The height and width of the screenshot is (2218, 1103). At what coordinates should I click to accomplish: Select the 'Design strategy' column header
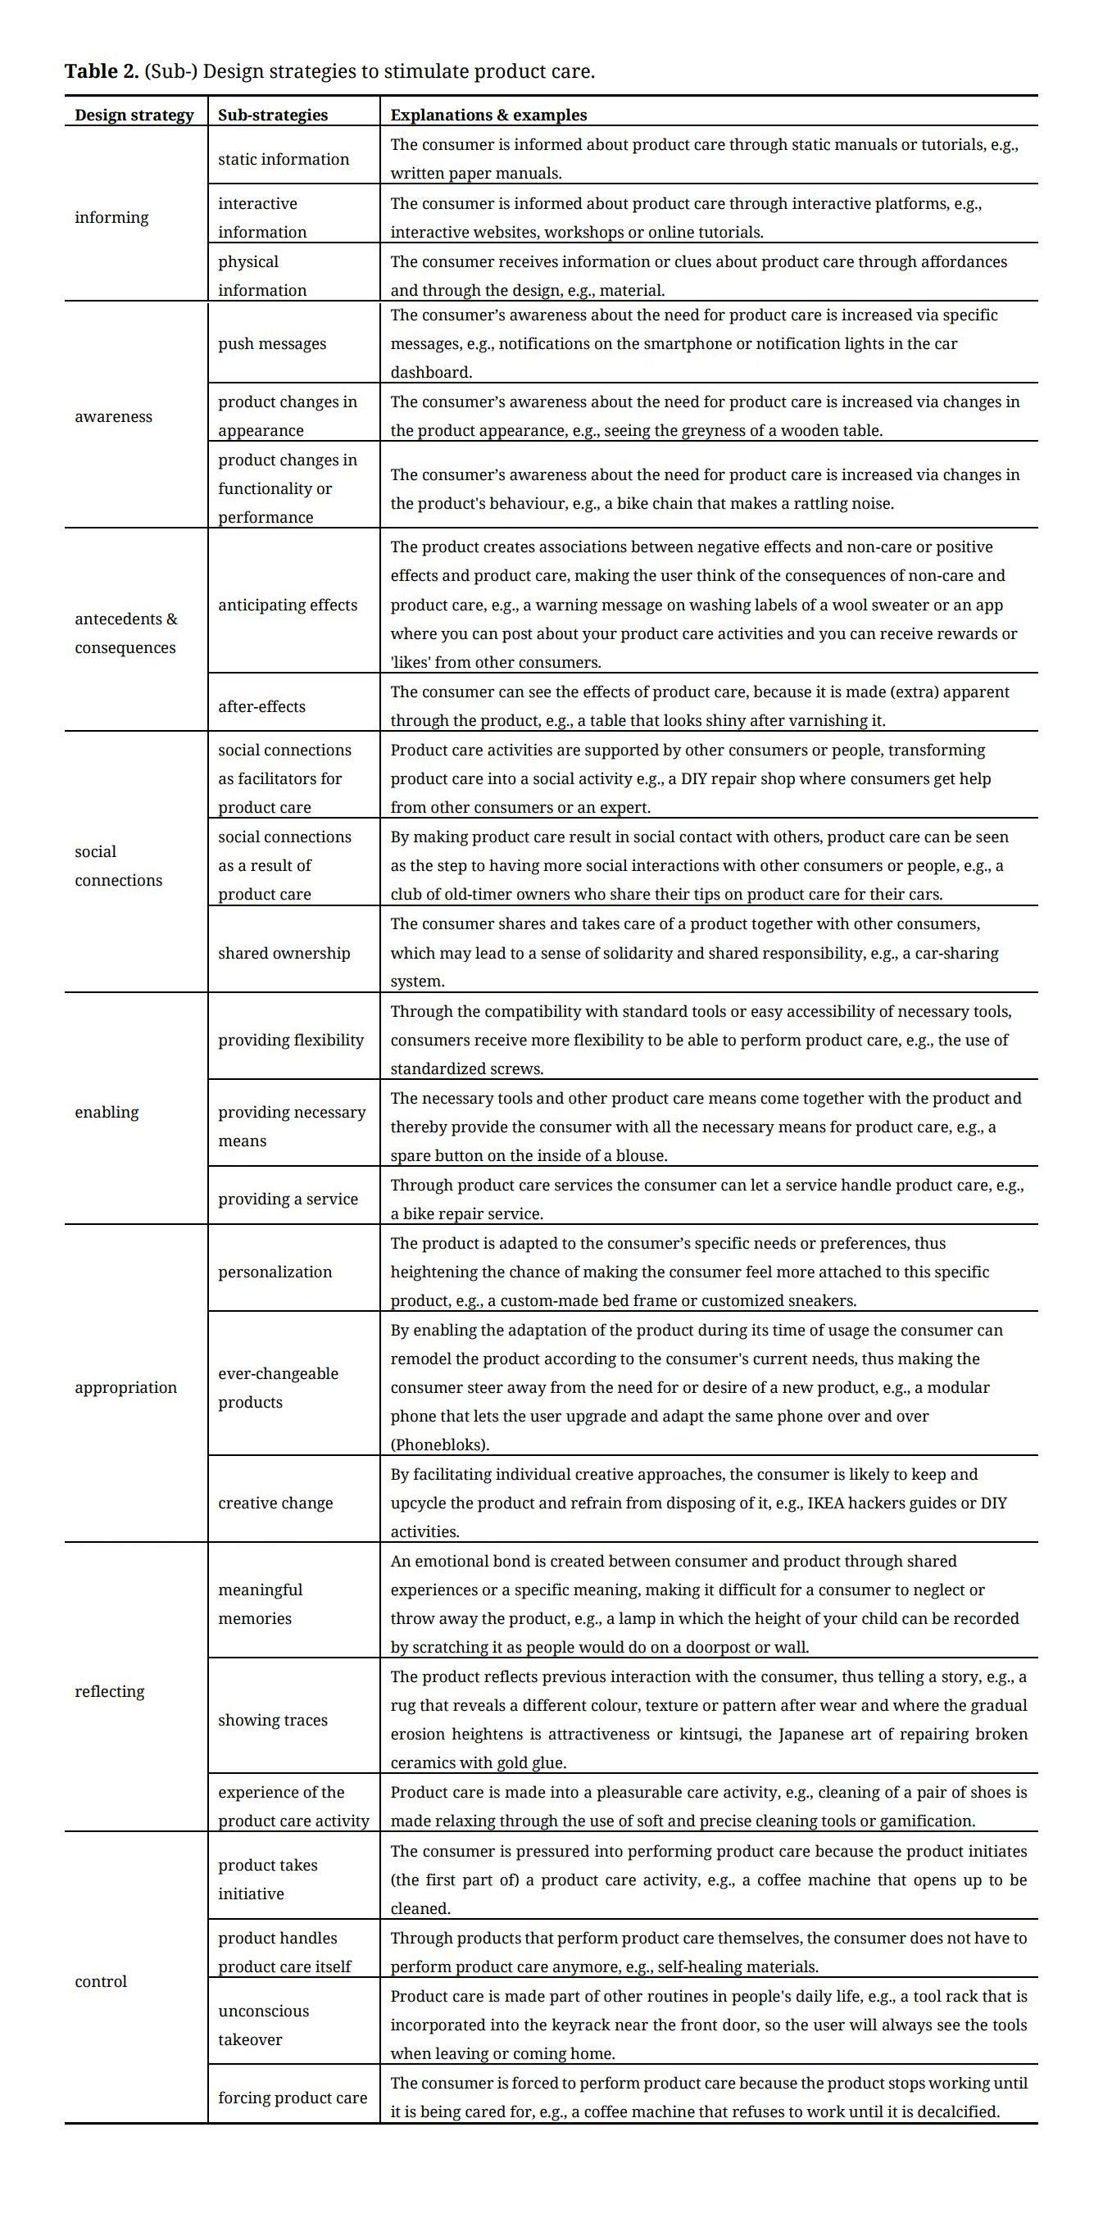click(134, 116)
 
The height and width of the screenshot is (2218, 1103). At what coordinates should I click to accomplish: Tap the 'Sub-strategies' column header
click(273, 116)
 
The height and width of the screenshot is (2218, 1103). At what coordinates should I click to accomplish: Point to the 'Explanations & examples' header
click(488, 116)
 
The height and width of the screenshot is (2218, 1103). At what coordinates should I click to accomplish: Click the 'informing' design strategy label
click(112, 218)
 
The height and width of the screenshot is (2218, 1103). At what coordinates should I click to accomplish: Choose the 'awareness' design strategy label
click(114, 417)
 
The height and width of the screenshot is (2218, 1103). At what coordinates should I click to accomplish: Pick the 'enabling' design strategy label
click(107, 1113)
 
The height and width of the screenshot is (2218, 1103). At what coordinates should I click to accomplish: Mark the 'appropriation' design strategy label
click(125, 1388)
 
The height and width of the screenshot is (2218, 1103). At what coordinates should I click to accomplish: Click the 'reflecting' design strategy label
click(109, 1692)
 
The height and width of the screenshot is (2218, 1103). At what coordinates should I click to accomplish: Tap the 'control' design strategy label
click(101, 1982)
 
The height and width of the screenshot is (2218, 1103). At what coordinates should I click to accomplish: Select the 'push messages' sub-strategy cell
click(272, 344)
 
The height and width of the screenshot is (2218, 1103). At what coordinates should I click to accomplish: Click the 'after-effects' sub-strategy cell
click(261, 707)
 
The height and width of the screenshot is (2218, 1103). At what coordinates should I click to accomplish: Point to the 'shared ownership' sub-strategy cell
click(284, 954)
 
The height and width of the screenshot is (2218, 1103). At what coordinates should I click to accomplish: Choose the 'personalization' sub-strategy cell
click(275, 1272)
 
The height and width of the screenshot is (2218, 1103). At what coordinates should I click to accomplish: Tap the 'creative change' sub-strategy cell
click(275, 1504)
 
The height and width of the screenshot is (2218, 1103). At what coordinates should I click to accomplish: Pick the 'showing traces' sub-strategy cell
click(273, 1721)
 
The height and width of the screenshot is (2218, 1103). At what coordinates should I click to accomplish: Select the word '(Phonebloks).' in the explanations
click(440, 1445)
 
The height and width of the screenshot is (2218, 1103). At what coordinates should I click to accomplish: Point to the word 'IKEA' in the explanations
click(829, 1504)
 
